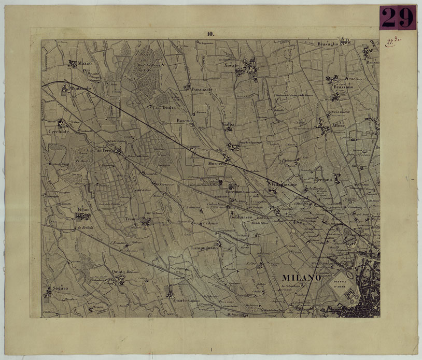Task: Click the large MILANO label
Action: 301,278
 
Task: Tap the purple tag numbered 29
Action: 398,18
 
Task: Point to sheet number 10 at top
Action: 210,34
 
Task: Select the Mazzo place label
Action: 84,63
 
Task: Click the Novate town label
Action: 231,66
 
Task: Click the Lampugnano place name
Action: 206,248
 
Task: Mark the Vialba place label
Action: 228,125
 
